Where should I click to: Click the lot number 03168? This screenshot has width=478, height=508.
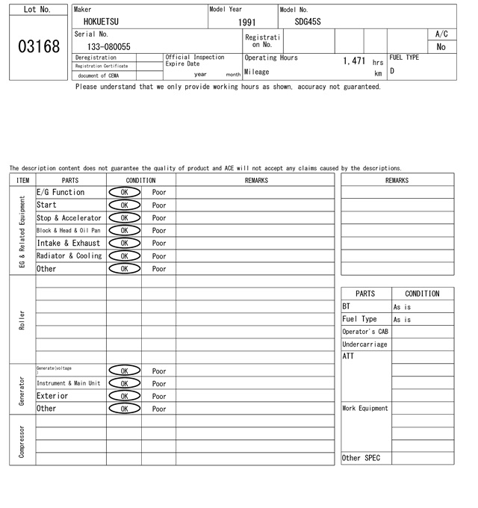(38, 47)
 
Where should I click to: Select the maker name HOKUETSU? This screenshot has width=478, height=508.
(101, 22)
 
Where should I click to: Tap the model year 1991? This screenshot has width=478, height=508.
(246, 22)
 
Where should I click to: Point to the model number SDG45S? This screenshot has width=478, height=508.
(308, 22)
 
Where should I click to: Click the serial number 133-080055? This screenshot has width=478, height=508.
(109, 46)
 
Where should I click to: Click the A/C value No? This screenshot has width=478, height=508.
(441, 47)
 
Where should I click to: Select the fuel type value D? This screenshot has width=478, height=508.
(392, 72)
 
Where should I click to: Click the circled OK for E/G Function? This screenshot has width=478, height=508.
(124, 193)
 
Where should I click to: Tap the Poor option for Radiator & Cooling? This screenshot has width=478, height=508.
(159, 256)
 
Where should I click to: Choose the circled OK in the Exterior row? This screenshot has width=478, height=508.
(124, 396)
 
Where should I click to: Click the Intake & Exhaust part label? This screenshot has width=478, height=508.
(68, 244)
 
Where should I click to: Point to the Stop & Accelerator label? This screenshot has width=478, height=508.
(69, 218)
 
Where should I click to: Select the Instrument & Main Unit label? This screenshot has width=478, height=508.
(68, 383)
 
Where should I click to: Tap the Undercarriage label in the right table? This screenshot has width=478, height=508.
(364, 344)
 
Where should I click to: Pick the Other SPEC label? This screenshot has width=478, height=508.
(361, 458)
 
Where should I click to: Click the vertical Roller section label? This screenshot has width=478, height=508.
(22, 320)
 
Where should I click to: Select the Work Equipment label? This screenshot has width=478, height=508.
(365, 409)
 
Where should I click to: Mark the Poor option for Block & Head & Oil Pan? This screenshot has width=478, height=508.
(159, 231)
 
